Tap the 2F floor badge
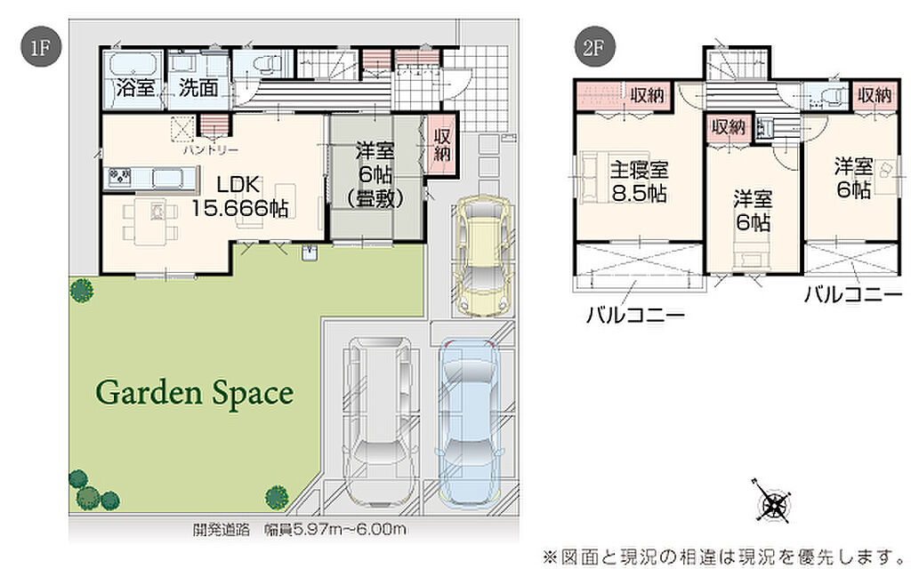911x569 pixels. tap(593, 46)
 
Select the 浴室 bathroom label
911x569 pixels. tap(135, 88)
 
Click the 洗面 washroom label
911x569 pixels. tap(198, 88)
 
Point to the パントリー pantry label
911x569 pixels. tap(210, 150)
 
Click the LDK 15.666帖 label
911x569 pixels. tap(240, 196)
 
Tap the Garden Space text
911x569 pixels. tap(195, 393)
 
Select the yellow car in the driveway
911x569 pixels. tap(483, 255)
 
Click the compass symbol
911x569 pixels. tap(773, 501)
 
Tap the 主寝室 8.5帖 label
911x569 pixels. tap(639, 181)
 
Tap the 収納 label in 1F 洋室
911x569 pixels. tap(442, 145)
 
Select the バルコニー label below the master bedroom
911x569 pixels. tap(635, 315)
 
